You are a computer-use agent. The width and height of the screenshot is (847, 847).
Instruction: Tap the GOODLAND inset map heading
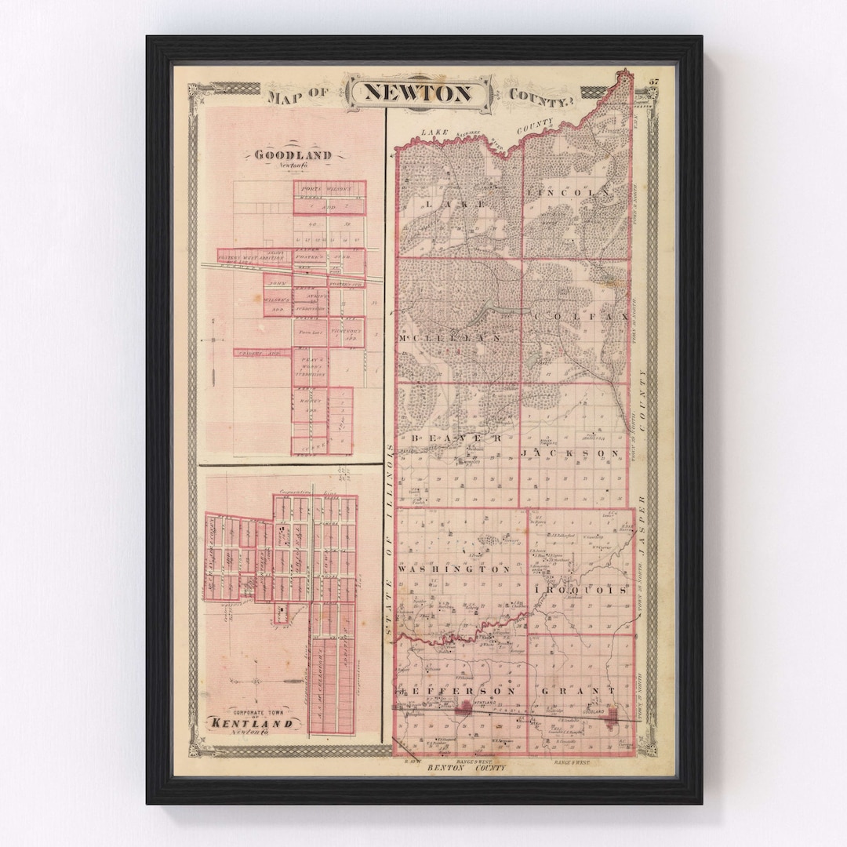pos(293,155)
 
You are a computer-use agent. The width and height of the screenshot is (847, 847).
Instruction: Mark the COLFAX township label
pos(580,316)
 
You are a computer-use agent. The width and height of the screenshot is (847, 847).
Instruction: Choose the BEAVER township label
pos(453,439)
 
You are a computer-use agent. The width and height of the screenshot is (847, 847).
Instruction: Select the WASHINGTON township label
pos(455,569)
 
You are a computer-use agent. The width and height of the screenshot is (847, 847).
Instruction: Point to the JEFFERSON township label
pos(460,691)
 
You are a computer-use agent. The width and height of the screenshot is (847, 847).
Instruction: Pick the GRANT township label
pos(579,691)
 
